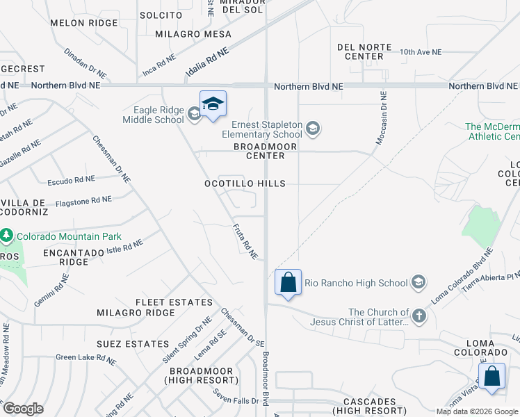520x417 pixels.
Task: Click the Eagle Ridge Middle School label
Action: (154, 114)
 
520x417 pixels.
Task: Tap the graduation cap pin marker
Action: (213, 104)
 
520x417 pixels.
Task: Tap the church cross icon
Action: (419, 316)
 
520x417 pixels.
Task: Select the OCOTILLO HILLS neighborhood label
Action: (245, 183)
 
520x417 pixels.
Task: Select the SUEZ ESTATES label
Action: (133, 344)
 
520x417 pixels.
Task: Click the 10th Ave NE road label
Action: (421, 51)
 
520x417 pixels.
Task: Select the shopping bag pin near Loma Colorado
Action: (491, 377)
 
